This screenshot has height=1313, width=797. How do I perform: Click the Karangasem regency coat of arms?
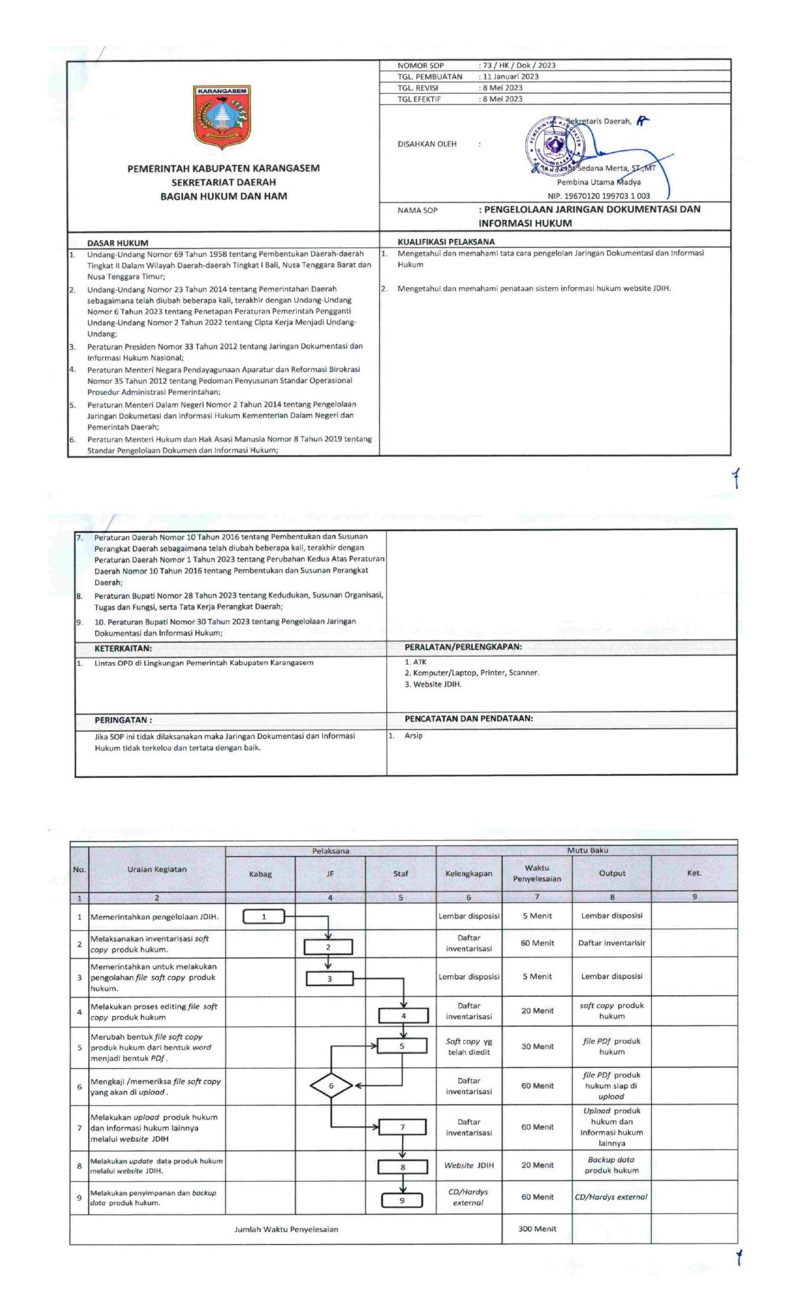(223, 118)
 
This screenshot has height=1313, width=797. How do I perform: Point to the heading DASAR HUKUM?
(118, 243)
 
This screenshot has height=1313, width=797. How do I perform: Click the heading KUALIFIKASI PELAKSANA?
(446, 241)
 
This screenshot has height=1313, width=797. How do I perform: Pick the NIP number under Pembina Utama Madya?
(599, 196)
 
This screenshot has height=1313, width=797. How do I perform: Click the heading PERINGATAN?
(123, 720)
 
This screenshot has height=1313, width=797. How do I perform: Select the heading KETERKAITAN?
(123, 648)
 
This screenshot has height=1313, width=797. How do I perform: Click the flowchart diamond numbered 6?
(331, 1085)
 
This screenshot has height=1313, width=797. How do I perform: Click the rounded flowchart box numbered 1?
(264, 917)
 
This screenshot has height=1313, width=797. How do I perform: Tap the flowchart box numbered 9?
(402, 1200)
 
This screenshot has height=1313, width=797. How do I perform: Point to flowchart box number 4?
(403, 1015)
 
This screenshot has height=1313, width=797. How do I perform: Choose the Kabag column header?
(260, 873)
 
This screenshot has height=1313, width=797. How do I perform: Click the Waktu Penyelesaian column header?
(537, 873)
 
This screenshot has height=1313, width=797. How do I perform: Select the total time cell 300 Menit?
(537, 1229)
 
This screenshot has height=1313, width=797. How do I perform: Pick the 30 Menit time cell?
(537, 1046)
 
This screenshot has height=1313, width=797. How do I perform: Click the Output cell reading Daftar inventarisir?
(611, 943)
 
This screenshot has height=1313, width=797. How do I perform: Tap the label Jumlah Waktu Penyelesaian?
(286, 1229)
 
